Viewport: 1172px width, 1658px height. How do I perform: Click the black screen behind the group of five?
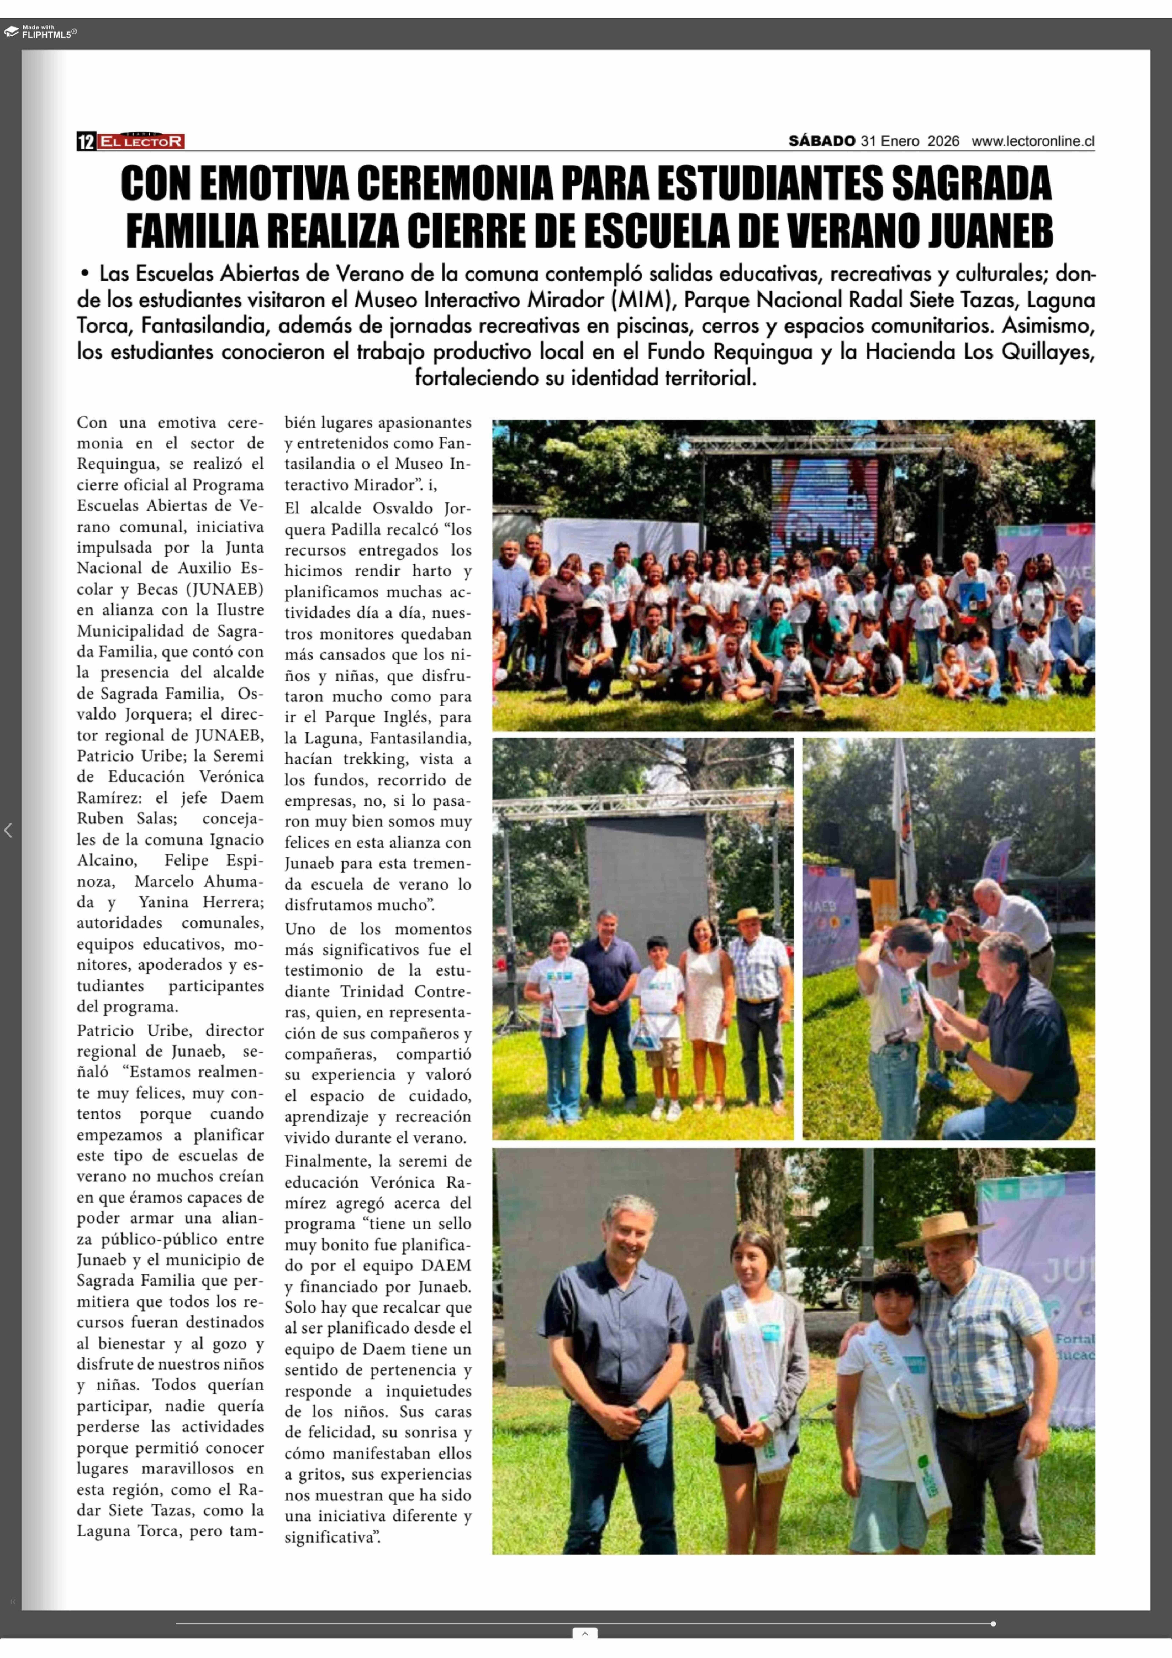tap(646, 874)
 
